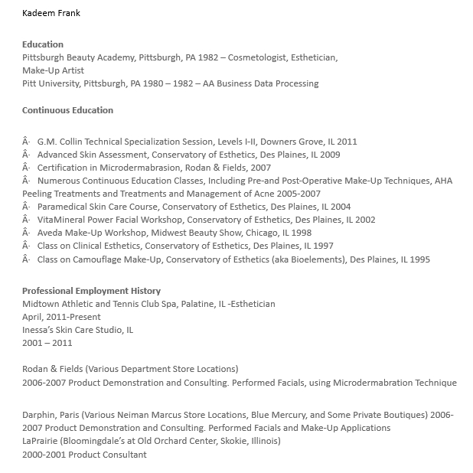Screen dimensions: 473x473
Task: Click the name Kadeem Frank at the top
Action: pyautogui.click(x=51, y=13)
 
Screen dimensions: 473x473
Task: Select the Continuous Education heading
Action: pyautogui.click(x=67, y=110)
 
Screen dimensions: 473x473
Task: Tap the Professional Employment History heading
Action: pyautogui.click(x=91, y=291)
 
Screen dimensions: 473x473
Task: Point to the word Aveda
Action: pyautogui.click(x=51, y=233)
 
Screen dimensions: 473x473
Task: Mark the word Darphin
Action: pyautogui.click(x=39, y=415)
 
